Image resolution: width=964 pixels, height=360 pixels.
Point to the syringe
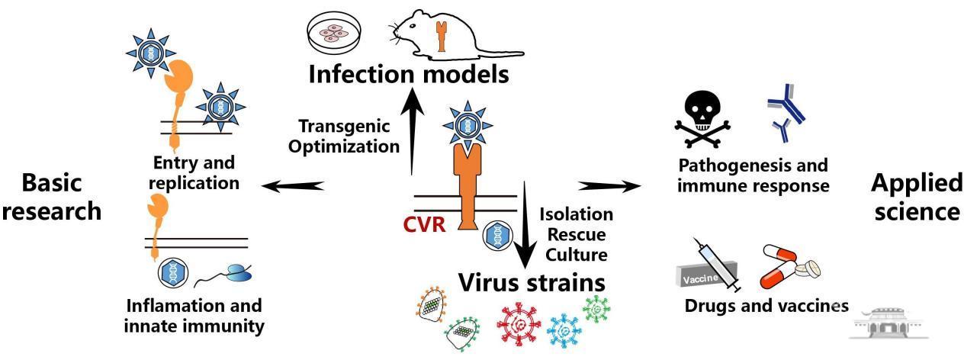point(717,265)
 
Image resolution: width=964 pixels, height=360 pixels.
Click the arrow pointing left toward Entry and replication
point(293,185)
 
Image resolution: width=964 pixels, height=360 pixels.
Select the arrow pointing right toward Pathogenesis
point(609,185)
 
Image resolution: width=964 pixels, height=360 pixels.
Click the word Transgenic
point(344,124)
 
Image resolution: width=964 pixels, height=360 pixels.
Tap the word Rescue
point(575,234)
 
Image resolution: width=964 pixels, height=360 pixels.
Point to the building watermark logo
point(884,324)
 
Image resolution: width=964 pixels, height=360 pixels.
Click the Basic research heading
point(51,197)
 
